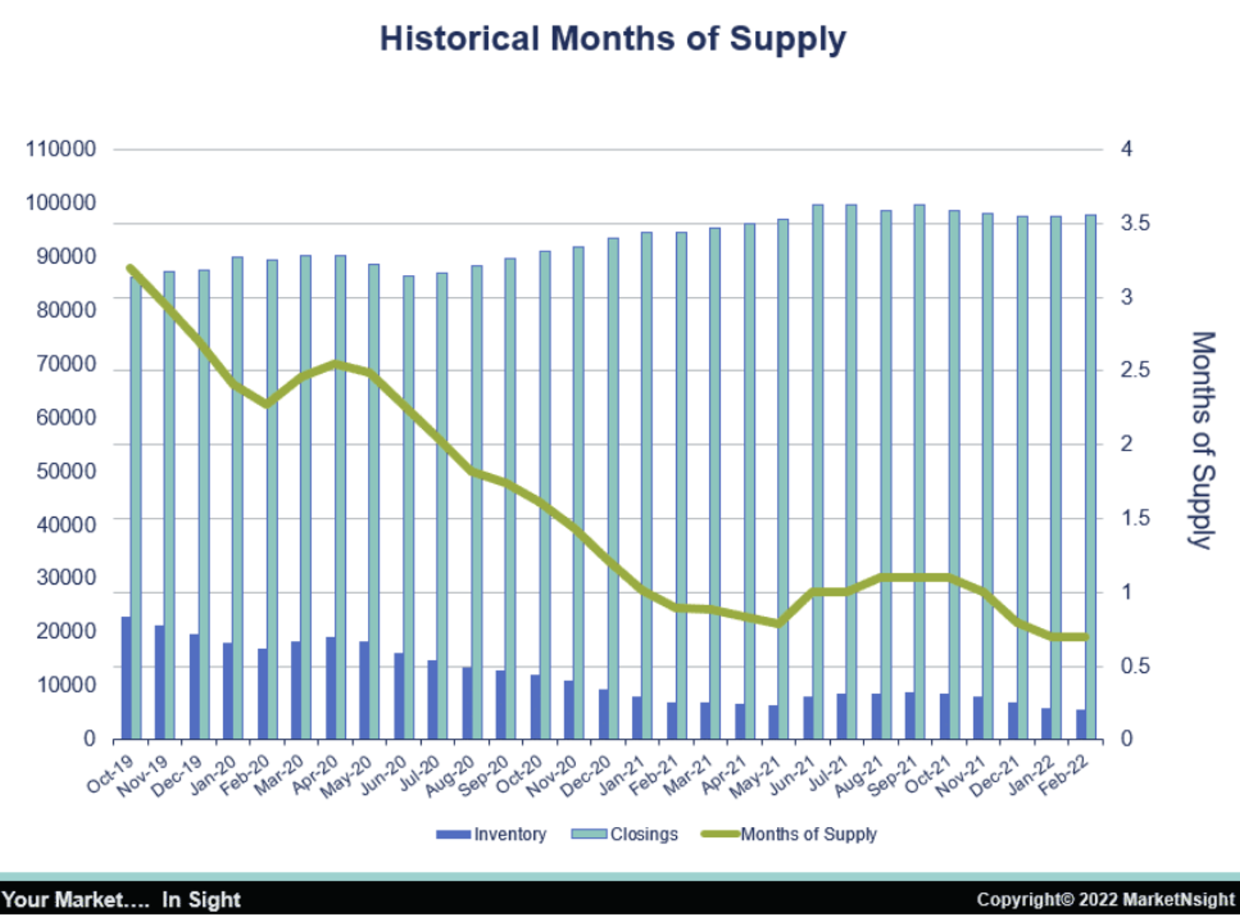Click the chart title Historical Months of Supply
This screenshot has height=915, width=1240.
click(x=612, y=38)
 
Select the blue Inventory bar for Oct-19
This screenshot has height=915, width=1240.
click(x=126, y=678)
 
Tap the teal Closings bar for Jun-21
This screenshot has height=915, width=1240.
click(x=817, y=472)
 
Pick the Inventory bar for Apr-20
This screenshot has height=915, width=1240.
click(x=331, y=688)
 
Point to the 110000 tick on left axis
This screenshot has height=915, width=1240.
click(x=60, y=149)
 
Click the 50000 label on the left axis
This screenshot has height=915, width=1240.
click(x=65, y=471)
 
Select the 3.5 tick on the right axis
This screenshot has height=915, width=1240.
click(x=1135, y=223)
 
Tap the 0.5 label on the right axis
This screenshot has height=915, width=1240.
click(x=1135, y=666)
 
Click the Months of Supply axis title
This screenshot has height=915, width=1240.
click(x=1202, y=440)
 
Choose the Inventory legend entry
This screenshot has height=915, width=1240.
click(x=491, y=834)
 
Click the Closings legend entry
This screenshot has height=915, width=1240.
click(x=625, y=834)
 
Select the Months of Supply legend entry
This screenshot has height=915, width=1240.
click(x=789, y=834)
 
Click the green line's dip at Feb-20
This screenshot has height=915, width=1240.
click(x=267, y=404)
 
